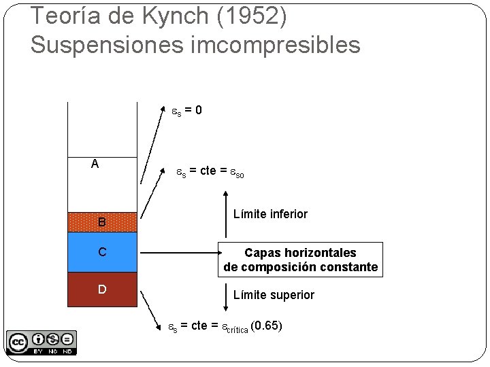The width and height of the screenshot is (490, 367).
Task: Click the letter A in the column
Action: click(x=95, y=164)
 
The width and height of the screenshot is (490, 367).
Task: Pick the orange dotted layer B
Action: click(x=102, y=222)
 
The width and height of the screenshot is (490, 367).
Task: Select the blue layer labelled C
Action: click(x=102, y=252)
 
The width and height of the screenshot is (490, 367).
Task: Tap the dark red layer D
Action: click(x=102, y=290)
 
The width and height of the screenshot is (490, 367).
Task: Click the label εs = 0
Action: click(x=185, y=110)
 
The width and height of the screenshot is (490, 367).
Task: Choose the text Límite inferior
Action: click(x=270, y=214)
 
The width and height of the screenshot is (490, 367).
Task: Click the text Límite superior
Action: click(x=274, y=295)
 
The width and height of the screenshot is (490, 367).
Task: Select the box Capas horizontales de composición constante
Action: click(x=300, y=260)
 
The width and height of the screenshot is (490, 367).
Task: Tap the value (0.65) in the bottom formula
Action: click(x=266, y=326)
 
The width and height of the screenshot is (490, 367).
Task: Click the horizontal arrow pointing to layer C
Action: click(x=177, y=253)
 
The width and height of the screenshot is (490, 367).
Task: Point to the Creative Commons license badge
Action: click(x=41, y=342)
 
